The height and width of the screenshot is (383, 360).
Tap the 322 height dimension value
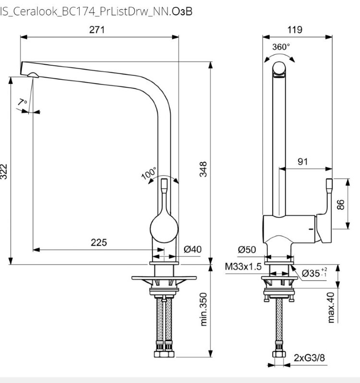pyautogui.click(x=4, y=171)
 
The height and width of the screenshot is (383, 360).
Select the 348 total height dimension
pyautogui.click(x=204, y=169)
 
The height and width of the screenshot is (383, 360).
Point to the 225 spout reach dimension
pyautogui.click(x=99, y=242)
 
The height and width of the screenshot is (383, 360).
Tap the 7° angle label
pyautogui.click(x=22, y=102)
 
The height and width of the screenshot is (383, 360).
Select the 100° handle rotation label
pyautogui.click(x=149, y=174)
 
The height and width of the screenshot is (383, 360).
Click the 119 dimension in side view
pyautogui.click(x=295, y=30)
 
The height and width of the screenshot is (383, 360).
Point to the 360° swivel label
pyautogui.click(x=281, y=47)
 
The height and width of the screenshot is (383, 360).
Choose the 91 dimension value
pyautogui.click(x=303, y=162)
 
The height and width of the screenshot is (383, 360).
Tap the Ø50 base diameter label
pyautogui.click(x=247, y=249)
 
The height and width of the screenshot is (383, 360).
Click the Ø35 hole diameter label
pyautogui.click(x=314, y=273)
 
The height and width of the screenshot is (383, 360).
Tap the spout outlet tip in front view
pyautogui.click(x=33, y=73)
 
